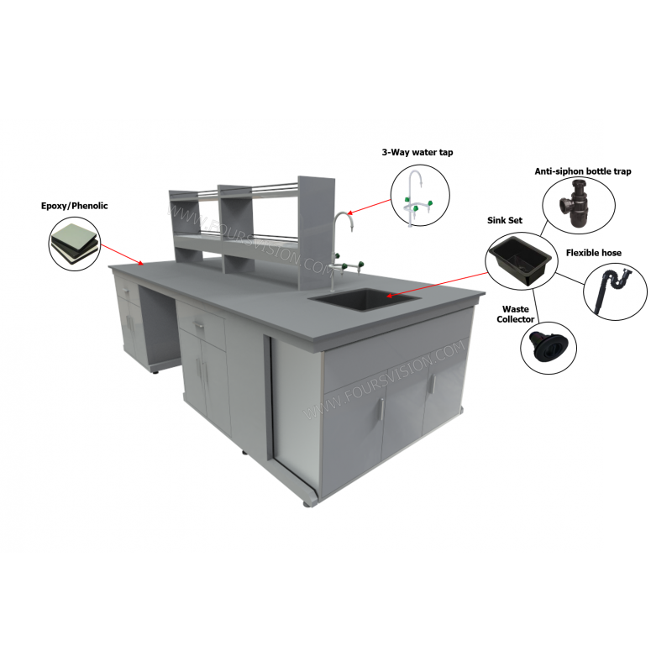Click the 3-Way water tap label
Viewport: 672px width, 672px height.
pyautogui.click(x=417, y=152)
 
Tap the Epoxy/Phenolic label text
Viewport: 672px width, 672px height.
pyautogui.click(x=75, y=205)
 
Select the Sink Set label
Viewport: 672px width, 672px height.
pyautogui.click(x=505, y=220)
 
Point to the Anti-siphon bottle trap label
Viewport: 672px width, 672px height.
pyautogui.click(x=569, y=171)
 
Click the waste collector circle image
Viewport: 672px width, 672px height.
pyautogui.click(x=548, y=347)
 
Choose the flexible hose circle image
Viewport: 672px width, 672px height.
pyautogui.click(x=614, y=291)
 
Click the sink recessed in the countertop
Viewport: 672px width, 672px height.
pyautogui.click(x=364, y=298)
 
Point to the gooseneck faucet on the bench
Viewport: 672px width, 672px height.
pyautogui.click(x=339, y=235)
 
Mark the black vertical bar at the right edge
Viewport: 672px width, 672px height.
pyautogui.click(x=637, y=336)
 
